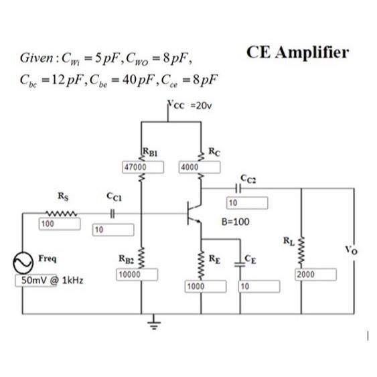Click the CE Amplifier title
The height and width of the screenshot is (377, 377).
coord(297,52)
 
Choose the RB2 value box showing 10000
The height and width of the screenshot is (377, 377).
coord(137,275)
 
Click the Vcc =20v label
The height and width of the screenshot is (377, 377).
coord(190,105)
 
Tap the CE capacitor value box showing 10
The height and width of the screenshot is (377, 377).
coord(258,287)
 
